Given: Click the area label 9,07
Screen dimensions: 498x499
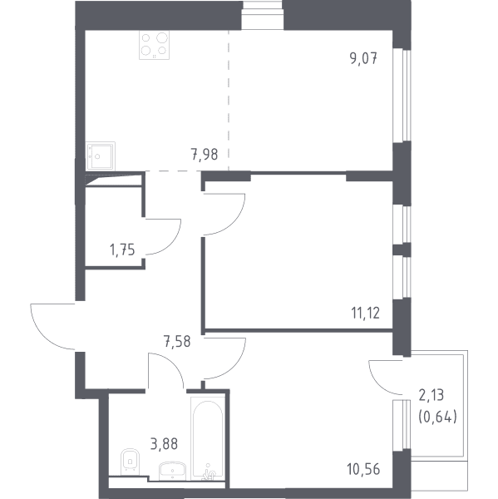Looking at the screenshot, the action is (x=363, y=58).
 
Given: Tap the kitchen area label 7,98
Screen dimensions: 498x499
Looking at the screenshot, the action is (x=205, y=155).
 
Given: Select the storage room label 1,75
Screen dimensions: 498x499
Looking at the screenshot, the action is (x=122, y=250).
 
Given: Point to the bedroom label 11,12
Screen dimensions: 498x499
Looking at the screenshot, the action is (x=366, y=314).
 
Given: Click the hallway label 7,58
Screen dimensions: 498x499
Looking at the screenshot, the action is (x=177, y=342).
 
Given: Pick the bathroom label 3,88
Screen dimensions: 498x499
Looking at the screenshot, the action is (x=164, y=444).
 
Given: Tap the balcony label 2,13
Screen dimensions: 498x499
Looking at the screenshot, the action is (x=431, y=395).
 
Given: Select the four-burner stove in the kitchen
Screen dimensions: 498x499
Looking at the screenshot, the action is (x=154, y=45).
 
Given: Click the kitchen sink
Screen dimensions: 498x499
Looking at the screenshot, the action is (x=101, y=156).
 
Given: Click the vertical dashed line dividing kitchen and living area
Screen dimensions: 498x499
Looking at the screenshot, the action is (x=229, y=101).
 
